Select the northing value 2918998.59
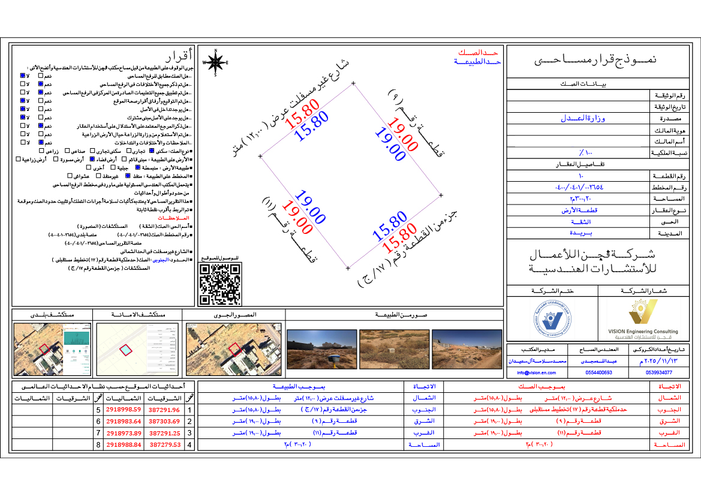(x=124, y=410)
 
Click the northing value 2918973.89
(x=124, y=434)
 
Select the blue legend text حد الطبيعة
(x=477, y=62)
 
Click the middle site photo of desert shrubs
(x=390, y=349)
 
